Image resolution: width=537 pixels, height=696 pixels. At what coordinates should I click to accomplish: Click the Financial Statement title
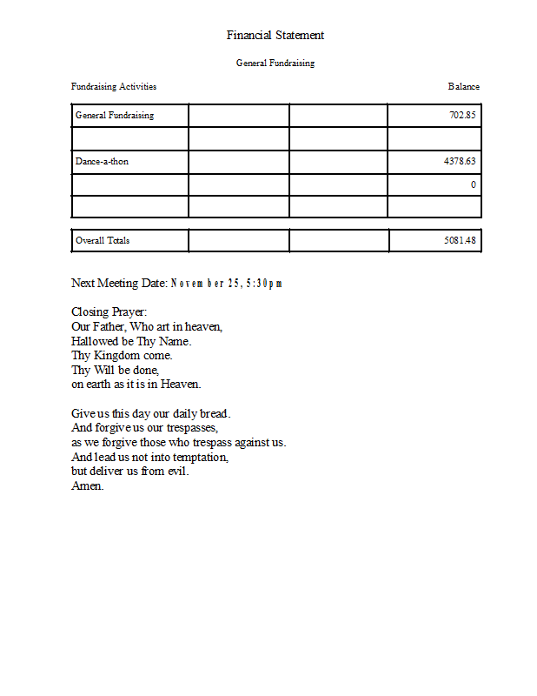(275, 36)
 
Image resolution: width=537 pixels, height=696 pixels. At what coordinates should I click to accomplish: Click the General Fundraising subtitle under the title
(275, 64)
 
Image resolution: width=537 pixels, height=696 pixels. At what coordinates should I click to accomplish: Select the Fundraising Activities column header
(114, 87)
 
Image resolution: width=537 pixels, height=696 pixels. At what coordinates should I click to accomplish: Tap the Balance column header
(464, 87)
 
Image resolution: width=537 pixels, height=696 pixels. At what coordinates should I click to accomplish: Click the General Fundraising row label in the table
(115, 116)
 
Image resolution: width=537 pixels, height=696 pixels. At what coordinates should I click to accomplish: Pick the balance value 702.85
(462, 116)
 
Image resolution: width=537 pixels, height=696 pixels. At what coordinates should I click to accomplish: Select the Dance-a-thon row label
(102, 161)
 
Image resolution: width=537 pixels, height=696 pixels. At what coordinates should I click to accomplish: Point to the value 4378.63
(460, 161)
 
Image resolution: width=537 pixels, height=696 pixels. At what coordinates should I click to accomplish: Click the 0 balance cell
(473, 184)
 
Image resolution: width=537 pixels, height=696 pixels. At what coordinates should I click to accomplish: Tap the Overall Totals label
(103, 241)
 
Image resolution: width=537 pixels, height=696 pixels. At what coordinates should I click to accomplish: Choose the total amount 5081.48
(460, 241)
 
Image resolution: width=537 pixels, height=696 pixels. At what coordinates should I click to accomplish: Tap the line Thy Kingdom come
(122, 355)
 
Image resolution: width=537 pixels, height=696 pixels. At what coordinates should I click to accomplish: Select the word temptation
(200, 457)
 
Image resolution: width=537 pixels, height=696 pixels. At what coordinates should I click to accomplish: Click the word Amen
(87, 486)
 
